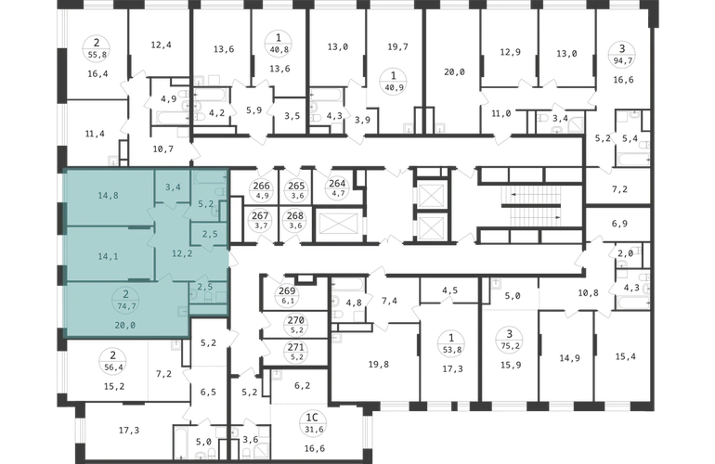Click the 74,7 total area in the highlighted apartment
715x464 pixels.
(126, 306)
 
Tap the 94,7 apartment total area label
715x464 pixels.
(622, 59)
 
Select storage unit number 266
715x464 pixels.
(261, 186)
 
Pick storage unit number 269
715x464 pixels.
(287, 290)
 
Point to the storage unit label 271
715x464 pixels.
(295, 347)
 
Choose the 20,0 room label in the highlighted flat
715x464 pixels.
(125, 326)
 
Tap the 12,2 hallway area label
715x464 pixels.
(182, 254)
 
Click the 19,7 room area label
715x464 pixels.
(397, 47)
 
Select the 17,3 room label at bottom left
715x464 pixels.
(129, 431)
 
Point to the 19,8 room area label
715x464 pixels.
(379, 364)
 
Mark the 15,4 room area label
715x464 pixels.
(625, 356)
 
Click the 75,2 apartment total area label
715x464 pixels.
(511, 346)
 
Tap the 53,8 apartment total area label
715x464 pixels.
(451, 350)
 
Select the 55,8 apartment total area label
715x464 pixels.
(97, 55)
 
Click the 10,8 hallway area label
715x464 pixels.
(588, 293)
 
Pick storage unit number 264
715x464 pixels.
(337, 183)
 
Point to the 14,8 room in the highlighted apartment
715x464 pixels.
(108, 196)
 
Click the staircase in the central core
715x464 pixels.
(531, 205)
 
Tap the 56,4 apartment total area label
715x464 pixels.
(113, 367)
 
